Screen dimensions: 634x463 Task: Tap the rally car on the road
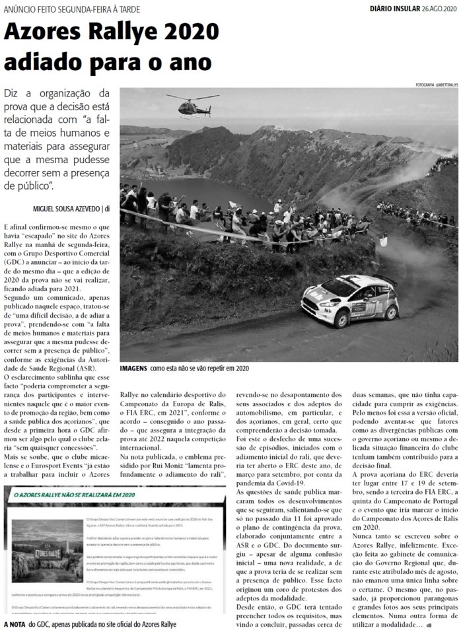click(x=350, y=300)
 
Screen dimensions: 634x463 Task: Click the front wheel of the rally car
click(x=341, y=319)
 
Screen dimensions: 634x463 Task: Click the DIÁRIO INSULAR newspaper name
click(x=394, y=9)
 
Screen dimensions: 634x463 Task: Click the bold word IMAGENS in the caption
click(x=133, y=368)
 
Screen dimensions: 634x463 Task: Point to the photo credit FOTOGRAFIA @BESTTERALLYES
click(x=437, y=85)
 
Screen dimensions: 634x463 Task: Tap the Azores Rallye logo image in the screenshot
click(x=48, y=551)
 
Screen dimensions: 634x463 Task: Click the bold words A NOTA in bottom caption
click(x=15, y=623)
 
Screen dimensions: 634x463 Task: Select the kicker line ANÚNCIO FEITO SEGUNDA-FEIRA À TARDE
click(x=72, y=9)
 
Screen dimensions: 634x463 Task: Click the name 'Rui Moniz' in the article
click(x=166, y=466)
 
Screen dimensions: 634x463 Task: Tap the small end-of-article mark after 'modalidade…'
click(x=429, y=624)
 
